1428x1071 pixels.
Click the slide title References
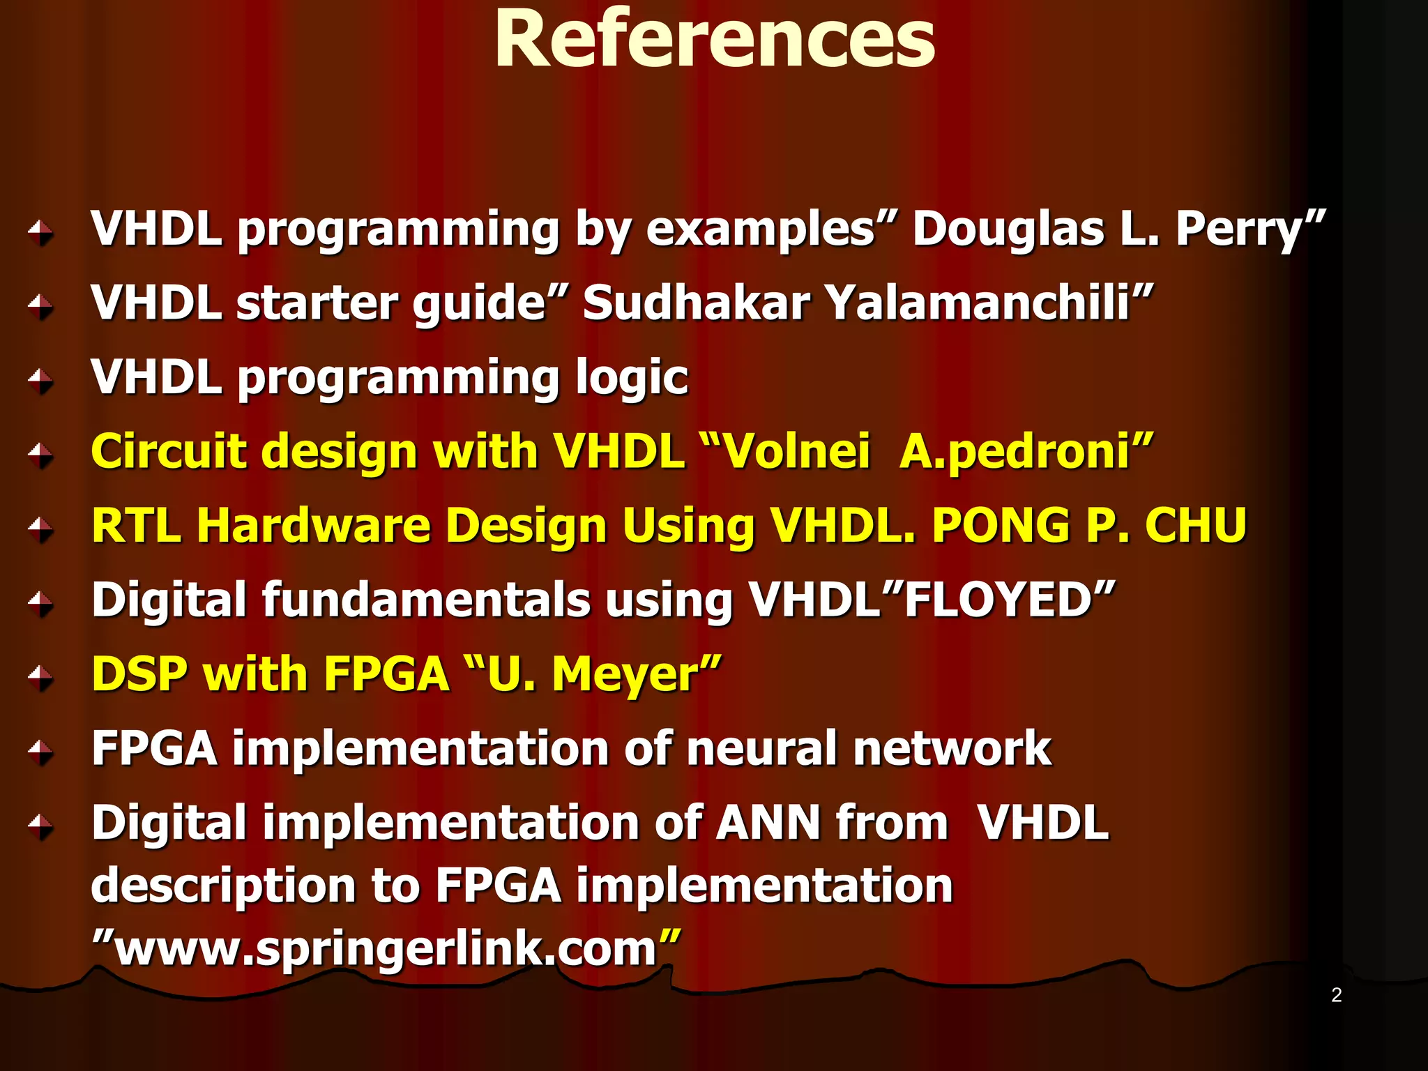click(714, 40)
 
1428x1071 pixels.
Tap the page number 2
click(1336, 995)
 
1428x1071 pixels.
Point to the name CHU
click(1195, 526)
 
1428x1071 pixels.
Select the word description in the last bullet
click(223, 886)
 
